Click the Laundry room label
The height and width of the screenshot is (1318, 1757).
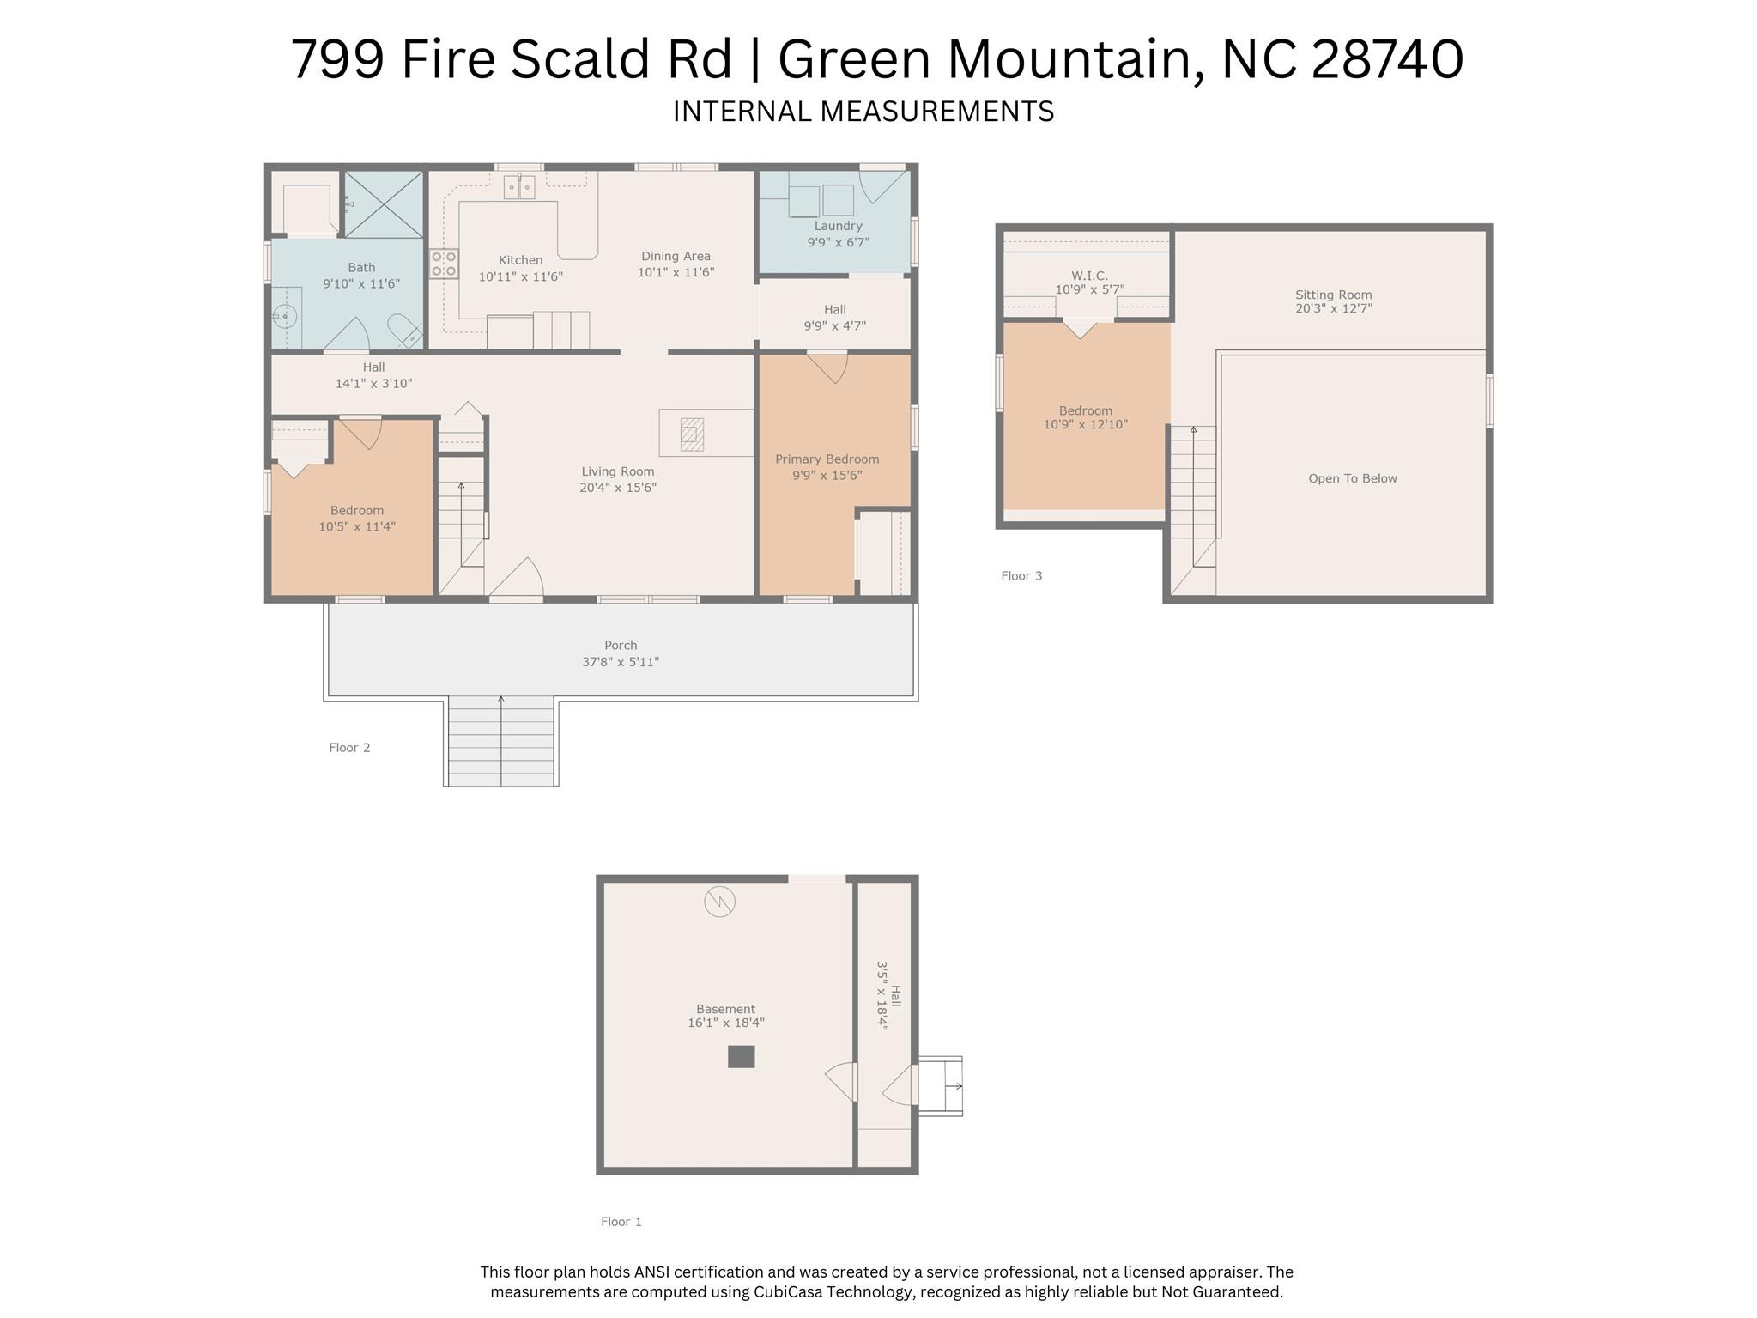point(838,226)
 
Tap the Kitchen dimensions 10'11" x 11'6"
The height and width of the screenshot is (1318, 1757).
point(520,276)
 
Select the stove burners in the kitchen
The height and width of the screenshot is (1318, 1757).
point(444,264)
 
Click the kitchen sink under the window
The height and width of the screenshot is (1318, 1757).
point(519,186)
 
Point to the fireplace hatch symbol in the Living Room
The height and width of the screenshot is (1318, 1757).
point(692,434)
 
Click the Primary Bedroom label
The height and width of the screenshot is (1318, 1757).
point(827,459)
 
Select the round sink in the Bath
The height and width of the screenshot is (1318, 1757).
point(285,317)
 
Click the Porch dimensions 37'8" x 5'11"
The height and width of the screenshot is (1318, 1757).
point(621,662)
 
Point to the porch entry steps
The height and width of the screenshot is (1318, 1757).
point(501,741)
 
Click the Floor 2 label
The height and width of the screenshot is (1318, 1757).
point(349,748)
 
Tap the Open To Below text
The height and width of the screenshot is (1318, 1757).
point(1353,478)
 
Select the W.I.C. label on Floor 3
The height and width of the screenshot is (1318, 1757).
point(1089,276)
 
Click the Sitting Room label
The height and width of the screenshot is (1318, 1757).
point(1334,295)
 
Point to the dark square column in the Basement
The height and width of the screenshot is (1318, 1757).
point(741,1056)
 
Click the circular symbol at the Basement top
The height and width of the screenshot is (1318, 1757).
point(719,902)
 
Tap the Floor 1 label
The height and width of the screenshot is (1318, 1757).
point(621,1222)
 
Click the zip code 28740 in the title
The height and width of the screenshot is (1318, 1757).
point(1387,59)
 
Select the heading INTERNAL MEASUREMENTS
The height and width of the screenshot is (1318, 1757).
point(863,112)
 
